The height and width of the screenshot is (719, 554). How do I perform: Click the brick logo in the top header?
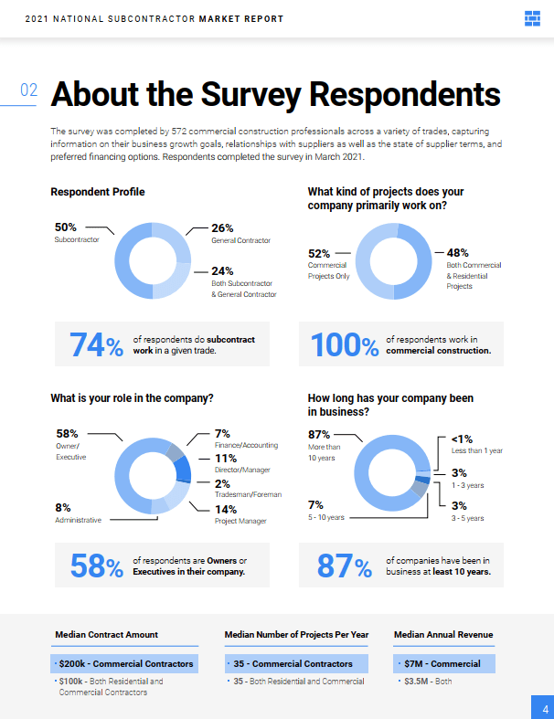533,18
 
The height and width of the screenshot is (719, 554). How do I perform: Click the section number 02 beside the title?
28,90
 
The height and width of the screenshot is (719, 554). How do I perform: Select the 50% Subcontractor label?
66,227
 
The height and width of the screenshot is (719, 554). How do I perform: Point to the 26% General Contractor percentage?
223,227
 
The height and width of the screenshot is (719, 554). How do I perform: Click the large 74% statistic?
96,345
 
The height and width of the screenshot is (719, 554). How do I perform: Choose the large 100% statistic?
345,345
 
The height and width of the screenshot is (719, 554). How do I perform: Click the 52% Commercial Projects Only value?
319,253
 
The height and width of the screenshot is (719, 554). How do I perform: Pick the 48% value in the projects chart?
458,253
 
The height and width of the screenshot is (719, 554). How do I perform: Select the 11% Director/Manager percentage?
226,459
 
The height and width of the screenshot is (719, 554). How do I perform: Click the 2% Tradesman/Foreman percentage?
222,483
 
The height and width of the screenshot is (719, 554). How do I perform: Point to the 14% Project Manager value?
226,509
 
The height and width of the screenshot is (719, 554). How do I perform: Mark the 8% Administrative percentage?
62,507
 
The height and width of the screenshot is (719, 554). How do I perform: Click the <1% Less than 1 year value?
462,439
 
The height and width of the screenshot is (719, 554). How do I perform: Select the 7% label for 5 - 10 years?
315,504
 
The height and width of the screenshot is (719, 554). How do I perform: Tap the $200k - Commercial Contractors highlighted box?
124,663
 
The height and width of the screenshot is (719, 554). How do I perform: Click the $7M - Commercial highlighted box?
443,663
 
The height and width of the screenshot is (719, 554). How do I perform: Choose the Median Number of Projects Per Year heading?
297,634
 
